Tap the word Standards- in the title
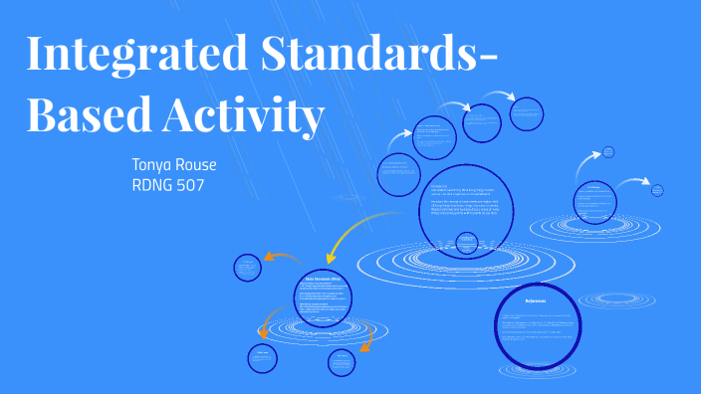[377, 55]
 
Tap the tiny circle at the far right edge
[656, 189]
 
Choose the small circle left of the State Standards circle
[247, 267]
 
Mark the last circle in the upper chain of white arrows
[527, 113]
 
